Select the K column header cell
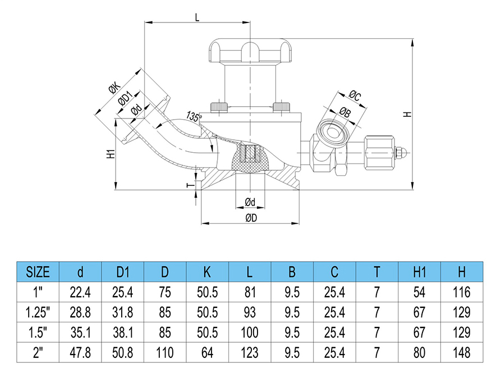point(207,272)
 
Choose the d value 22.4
point(80,292)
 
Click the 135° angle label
point(193,117)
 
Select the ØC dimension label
point(355,94)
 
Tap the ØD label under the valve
point(250,219)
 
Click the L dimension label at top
point(197,17)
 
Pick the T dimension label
point(190,184)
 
